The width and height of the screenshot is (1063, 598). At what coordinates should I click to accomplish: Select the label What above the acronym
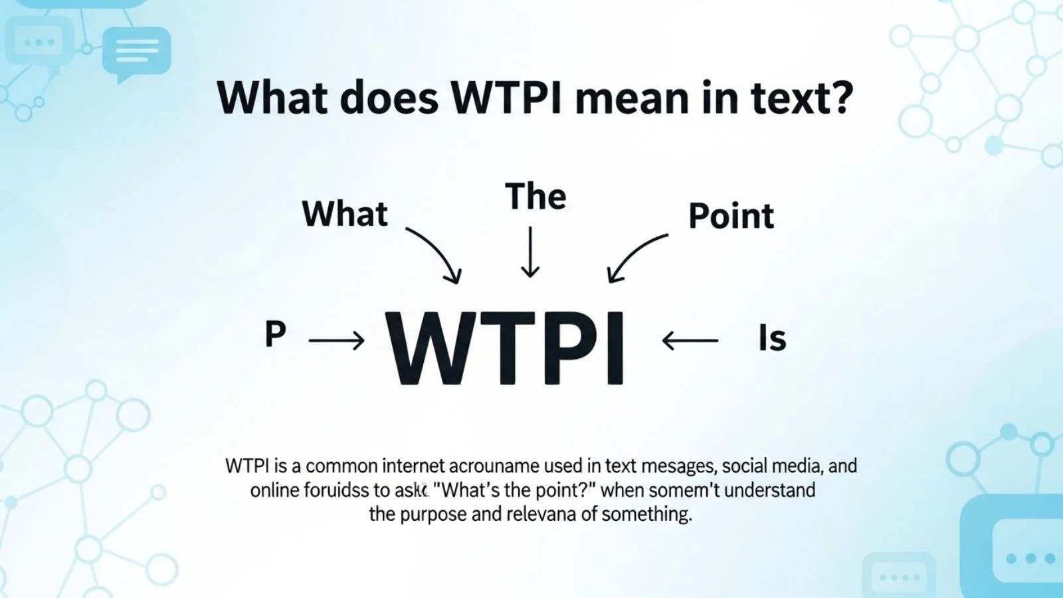click(x=345, y=214)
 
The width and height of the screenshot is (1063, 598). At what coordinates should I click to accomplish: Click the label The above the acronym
click(x=535, y=196)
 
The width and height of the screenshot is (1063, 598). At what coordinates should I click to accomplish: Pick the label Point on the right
click(x=731, y=216)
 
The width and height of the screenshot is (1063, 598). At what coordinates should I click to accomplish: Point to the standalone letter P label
click(x=275, y=334)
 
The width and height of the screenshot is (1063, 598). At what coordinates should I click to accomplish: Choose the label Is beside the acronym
click(x=772, y=338)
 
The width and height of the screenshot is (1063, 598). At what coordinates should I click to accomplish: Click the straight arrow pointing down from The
click(x=530, y=252)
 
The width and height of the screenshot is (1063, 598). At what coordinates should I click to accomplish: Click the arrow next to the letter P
click(x=337, y=341)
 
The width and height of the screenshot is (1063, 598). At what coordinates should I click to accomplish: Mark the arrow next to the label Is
click(x=690, y=341)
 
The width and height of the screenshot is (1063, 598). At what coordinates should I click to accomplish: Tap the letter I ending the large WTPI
click(x=615, y=349)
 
